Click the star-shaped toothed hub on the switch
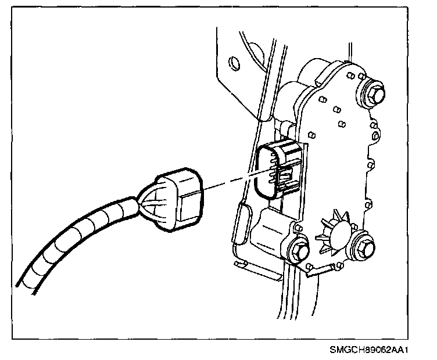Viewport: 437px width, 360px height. point(331,233)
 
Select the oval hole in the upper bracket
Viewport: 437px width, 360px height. point(234,62)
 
